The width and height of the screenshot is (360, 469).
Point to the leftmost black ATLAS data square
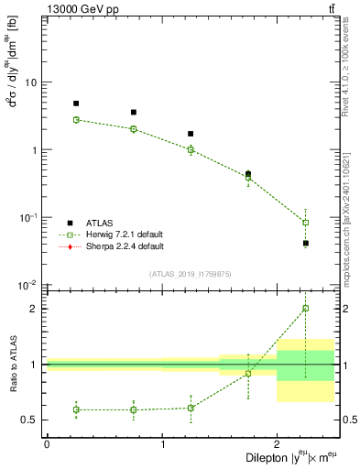coord(76,104)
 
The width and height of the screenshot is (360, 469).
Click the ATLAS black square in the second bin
coord(134,113)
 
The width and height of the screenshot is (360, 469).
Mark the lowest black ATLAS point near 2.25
coord(306,243)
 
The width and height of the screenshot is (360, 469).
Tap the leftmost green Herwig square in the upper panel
coord(76,120)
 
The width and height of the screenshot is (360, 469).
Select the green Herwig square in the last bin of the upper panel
coord(306,222)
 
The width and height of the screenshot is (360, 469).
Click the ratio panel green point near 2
coord(306,309)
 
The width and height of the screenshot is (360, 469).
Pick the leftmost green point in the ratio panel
coord(76,409)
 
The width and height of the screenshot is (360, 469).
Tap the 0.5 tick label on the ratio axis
coord(29,420)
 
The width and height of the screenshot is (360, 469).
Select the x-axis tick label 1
coord(162,444)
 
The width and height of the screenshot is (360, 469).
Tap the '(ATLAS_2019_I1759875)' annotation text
coord(191,274)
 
